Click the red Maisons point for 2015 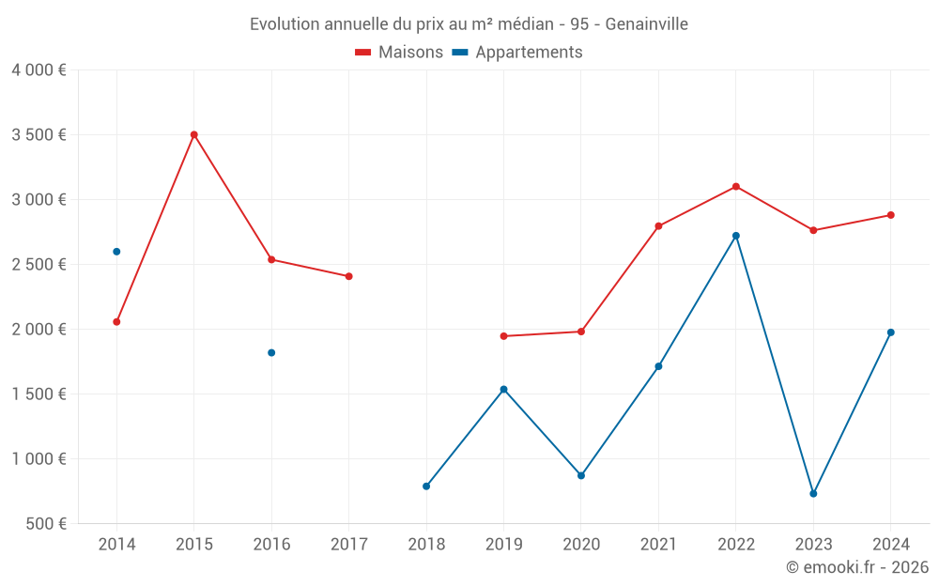tap(194, 134)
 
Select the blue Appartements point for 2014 tap(116, 252)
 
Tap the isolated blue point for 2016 tap(271, 353)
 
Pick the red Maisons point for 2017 tap(349, 276)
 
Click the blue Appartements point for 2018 tap(426, 487)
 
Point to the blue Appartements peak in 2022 tap(736, 236)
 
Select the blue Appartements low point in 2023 tap(813, 494)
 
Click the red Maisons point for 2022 tap(736, 186)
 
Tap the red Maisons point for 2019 tap(504, 336)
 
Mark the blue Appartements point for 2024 tap(891, 332)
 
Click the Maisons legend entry tap(399, 53)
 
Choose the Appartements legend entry tap(517, 53)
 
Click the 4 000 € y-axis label tap(38, 70)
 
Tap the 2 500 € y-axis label tap(38, 265)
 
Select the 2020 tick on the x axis tap(581, 545)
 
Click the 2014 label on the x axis tap(116, 545)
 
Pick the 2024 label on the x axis tap(891, 545)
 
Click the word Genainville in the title tap(646, 24)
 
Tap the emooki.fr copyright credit tap(856, 567)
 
